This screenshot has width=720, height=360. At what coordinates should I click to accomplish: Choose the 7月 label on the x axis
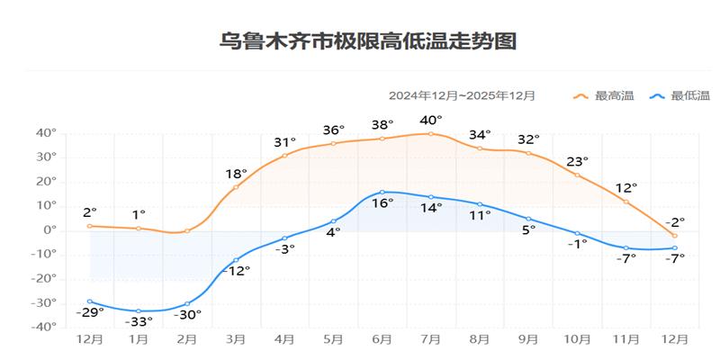[430, 339]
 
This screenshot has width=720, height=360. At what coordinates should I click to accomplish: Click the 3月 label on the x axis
[236, 339]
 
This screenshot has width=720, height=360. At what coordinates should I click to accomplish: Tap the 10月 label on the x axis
[577, 339]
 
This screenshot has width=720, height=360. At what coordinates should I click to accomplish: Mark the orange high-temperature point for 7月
[430, 133]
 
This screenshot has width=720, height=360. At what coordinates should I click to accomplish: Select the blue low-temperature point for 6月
[382, 192]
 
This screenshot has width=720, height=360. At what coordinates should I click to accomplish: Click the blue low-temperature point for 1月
[139, 310]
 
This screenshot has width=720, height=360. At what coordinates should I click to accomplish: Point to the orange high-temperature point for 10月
[577, 175]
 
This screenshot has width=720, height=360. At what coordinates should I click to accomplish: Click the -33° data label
[138, 321]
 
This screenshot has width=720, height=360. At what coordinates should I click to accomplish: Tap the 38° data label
[382, 125]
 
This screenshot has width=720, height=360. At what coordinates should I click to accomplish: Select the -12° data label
[235, 271]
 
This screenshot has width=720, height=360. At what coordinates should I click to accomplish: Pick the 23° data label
[577, 161]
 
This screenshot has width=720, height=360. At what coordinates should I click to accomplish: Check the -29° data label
[89, 311]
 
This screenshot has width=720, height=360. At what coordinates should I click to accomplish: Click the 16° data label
[382, 203]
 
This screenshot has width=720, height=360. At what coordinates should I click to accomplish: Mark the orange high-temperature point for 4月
[284, 155]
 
